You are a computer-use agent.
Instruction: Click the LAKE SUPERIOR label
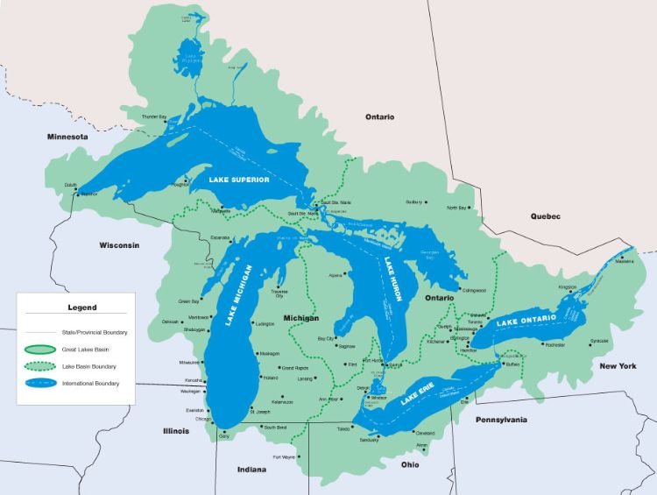point(239,179)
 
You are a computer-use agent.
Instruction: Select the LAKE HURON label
point(392,279)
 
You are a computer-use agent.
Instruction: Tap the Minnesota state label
point(67,138)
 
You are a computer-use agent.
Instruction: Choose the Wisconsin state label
point(119,245)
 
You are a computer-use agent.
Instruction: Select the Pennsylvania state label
point(501,421)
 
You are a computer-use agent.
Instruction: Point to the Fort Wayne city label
point(283,457)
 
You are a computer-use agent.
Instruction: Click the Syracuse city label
point(599,340)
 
